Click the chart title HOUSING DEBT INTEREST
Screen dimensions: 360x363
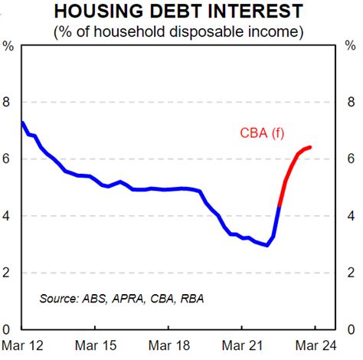(x=181, y=13)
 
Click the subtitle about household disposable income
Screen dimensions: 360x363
(x=181, y=33)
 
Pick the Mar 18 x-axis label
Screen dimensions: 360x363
(x=168, y=346)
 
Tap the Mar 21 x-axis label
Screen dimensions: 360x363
(x=242, y=346)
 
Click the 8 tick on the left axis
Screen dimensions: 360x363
(x=8, y=103)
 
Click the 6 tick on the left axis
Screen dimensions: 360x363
(x=8, y=159)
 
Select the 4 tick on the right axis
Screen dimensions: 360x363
(x=351, y=216)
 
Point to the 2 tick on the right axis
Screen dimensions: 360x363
(x=351, y=273)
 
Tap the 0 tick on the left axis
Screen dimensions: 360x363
(x=8, y=329)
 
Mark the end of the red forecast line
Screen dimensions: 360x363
(x=309, y=147)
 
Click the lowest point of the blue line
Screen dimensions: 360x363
(x=267, y=245)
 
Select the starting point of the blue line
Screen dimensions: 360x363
(x=21, y=122)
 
